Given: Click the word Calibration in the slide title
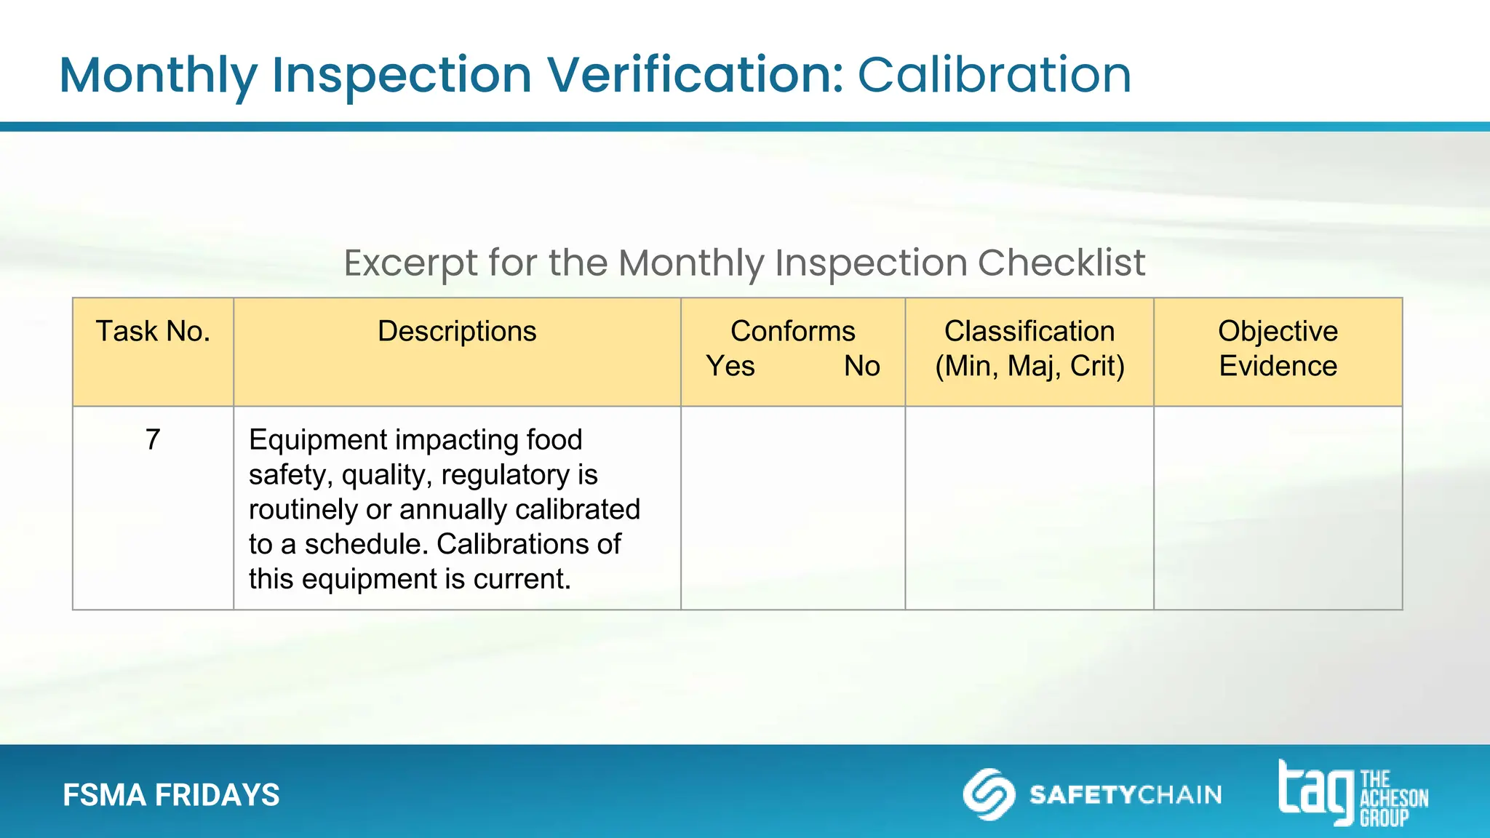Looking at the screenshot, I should point(994,75).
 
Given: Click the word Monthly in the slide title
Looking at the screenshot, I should point(158,76).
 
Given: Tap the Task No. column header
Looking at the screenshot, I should point(153,332).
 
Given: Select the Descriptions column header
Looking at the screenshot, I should point(457,332).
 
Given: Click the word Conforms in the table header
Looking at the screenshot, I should point(792,332).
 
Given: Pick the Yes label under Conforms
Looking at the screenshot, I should point(730,366).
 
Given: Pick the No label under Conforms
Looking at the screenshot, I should point(861,366).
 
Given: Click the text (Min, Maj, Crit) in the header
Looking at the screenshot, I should point(1029,366).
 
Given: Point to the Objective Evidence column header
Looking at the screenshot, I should point(1278,348).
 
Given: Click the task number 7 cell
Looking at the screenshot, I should point(153,439).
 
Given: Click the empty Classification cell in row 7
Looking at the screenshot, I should point(1029,508).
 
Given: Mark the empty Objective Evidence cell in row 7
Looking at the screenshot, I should point(1278,508).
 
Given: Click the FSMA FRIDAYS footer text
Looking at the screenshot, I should point(171,795).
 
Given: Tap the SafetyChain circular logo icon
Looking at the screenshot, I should point(989,794).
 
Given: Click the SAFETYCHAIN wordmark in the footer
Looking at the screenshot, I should point(1126,794).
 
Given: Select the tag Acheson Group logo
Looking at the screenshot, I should point(1352,794).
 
